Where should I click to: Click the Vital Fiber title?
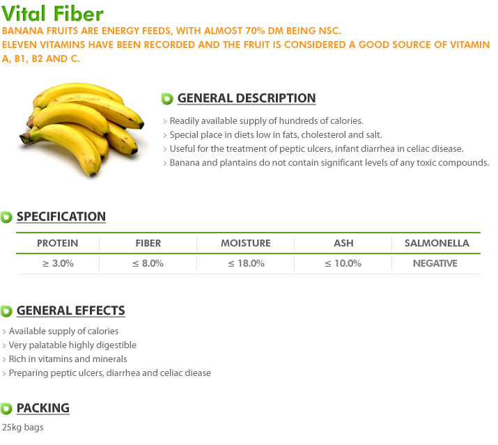click(x=52, y=14)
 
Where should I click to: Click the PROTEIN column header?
click(x=58, y=243)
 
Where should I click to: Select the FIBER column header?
click(x=148, y=243)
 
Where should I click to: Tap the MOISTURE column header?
click(x=246, y=243)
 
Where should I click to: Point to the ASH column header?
click(x=343, y=243)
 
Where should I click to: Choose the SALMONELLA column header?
click(x=437, y=243)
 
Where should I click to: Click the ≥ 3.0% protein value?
click(x=58, y=263)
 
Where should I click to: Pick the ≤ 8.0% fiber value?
click(x=148, y=263)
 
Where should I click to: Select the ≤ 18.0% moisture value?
click(x=246, y=263)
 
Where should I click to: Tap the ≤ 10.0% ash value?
click(x=343, y=263)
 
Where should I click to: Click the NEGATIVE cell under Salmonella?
click(x=435, y=263)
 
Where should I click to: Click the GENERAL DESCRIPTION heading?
click(x=247, y=98)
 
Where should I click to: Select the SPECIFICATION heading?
click(x=61, y=217)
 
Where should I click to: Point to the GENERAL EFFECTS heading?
click(x=71, y=311)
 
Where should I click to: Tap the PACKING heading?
click(x=43, y=408)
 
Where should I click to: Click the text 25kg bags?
click(x=22, y=427)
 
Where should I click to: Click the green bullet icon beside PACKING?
click(x=6, y=409)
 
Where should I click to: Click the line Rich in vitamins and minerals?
click(x=68, y=359)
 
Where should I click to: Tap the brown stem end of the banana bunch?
click(x=25, y=137)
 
